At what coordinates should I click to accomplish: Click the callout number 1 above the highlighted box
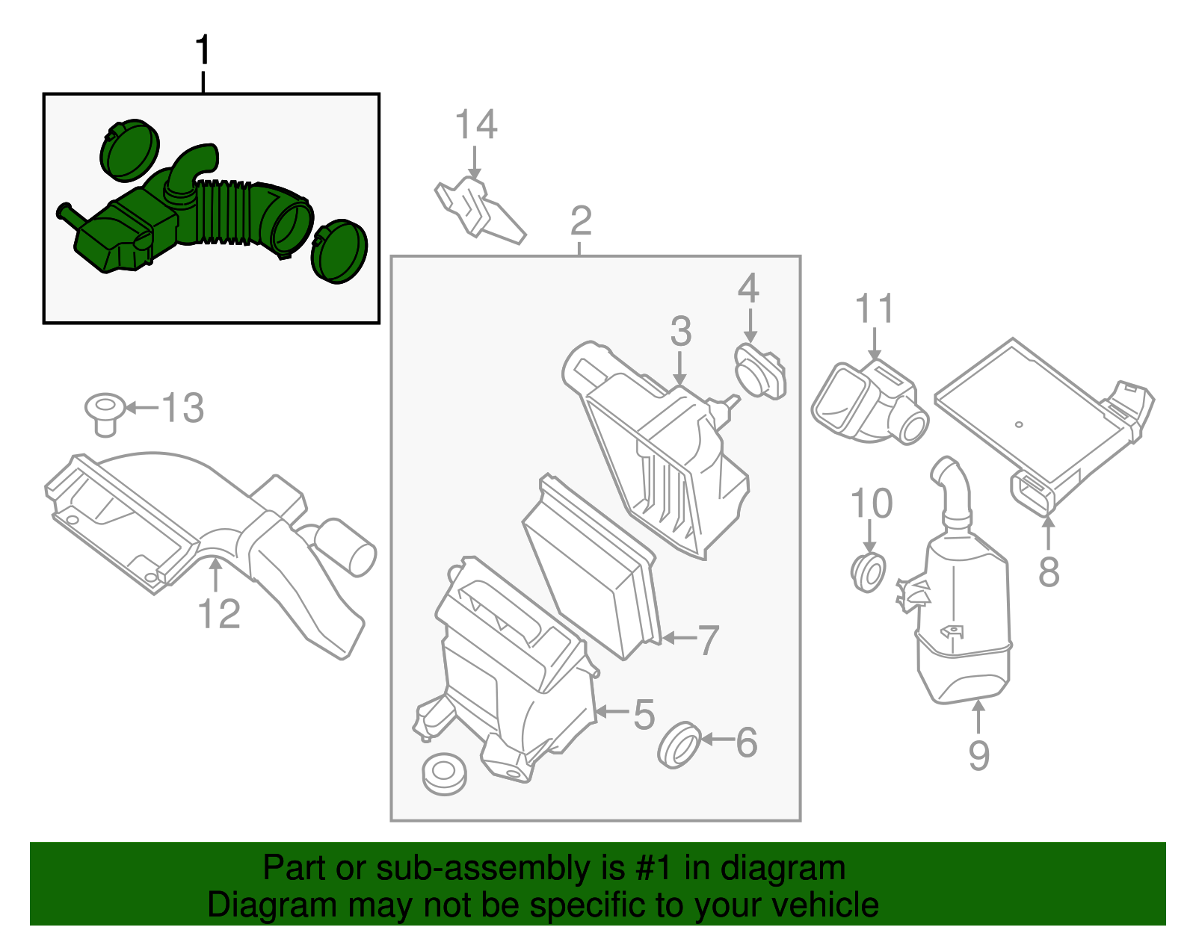(x=203, y=51)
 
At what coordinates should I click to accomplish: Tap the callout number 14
(x=476, y=125)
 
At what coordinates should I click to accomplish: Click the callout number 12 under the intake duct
(x=219, y=614)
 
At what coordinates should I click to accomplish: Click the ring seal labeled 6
(x=679, y=744)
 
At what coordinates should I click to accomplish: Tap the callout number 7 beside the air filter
(x=707, y=639)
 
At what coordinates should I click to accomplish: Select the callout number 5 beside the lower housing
(x=644, y=714)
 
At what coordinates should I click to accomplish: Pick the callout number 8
(x=1049, y=572)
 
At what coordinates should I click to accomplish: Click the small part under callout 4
(x=761, y=371)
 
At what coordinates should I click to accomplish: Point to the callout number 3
(x=680, y=331)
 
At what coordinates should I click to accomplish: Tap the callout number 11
(x=875, y=309)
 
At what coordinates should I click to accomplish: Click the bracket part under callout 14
(x=478, y=209)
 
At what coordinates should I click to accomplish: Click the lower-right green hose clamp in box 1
(x=340, y=251)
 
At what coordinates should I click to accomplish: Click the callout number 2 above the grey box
(x=581, y=221)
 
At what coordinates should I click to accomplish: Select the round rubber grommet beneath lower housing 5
(x=444, y=772)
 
